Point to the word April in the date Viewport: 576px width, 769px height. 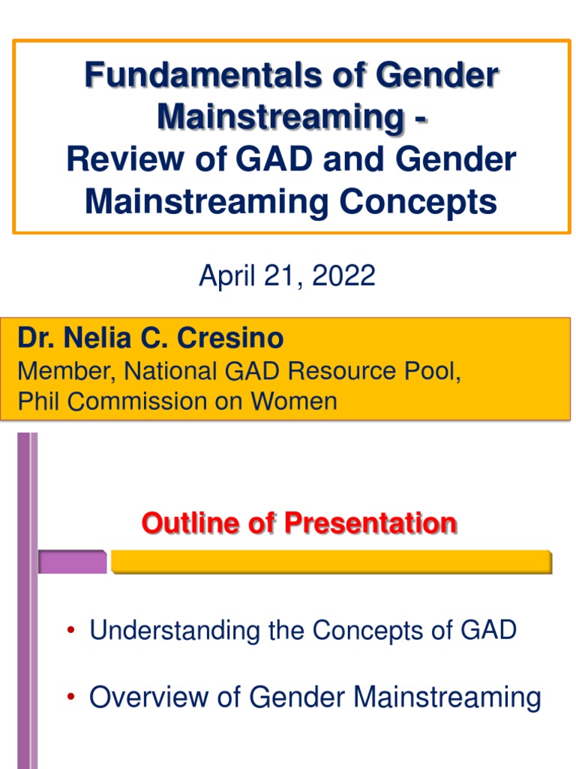[227, 276]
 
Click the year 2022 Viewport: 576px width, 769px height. [343, 276]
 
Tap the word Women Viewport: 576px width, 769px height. [294, 401]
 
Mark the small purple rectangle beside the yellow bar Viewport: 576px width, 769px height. [73, 562]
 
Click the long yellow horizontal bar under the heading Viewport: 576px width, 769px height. [331, 562]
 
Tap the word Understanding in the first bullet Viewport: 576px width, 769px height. [174, 631]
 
